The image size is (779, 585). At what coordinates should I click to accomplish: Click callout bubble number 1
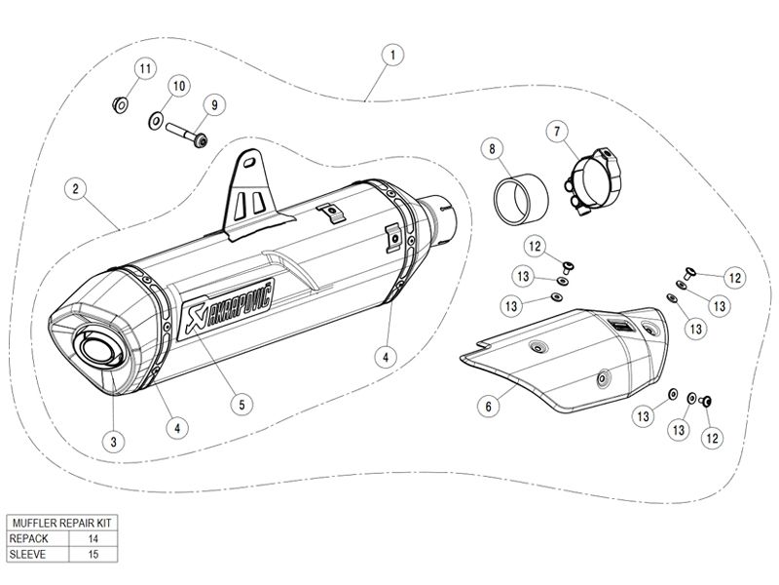pyautogui.click(x=392, y=55)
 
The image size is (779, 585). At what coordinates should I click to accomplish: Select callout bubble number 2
pyautogui.click(x=76, y=189)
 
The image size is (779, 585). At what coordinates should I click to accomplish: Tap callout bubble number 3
pyautogui.click(x=114, y=442)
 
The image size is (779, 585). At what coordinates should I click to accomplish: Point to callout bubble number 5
pyautogui.click(x=241, y=405)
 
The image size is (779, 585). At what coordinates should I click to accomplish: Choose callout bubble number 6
pyautogui.click(x=489, y=407)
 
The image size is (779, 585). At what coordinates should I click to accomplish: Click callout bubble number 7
pyautogui.click(x=557, y=132)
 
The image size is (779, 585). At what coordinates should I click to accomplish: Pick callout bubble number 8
pyautogui.click(x=492, y=149)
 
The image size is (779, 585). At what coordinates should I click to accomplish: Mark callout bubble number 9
pyautogui.click(x=214, y=105)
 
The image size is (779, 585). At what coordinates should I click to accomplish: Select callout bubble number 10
pyautogui.click(x=179, y=86)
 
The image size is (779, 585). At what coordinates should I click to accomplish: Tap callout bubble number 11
pyautogui.click(x=145, y=68)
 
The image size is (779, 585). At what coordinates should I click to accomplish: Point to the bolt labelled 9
pyautogui.click(x=186, y=135)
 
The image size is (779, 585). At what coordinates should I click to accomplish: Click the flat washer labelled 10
pyautogui.click(x=156, y=120)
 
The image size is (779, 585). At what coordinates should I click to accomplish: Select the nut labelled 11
pyautogui.click(x=119, y=105)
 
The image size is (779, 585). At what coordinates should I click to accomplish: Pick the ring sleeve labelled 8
pyautogui.click(x=520, y=199)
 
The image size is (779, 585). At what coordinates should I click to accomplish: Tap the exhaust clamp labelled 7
pyautogui.click(x=594, y=181)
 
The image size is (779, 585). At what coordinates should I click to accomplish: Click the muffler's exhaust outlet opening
pyautogui.click(x=99, y=349)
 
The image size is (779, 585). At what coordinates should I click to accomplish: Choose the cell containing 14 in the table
pyautogui.click(x=93, y=538)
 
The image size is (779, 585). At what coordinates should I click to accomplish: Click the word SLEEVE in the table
pyautogui.click(x=27, y=554)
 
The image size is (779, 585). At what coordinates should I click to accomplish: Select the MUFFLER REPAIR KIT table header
pyautogui.click(x=62, y=523)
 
